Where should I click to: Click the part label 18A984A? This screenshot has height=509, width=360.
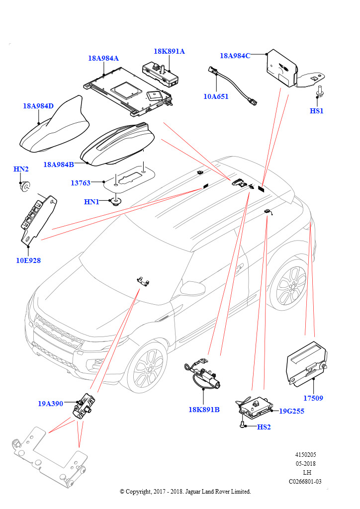click(x=103, y=58)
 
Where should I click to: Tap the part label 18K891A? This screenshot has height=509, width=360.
click(x=169, y=51)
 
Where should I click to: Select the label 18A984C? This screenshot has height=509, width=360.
click(x=235, y=56)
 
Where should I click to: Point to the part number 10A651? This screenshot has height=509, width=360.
click(x=216, y=96)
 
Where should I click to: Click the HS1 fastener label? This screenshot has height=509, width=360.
click(x=317, y=111)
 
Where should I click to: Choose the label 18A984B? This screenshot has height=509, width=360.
click(x=58, y=165)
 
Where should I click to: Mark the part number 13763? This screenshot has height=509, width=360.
click(x=81, y=183)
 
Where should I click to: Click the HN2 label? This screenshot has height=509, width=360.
click(x=20, y=170)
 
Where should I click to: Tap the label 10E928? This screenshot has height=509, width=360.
click(x=28, y=260)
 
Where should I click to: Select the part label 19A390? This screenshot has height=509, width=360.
click(x=51, y=404)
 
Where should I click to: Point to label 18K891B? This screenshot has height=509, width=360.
click(x=204, y=410)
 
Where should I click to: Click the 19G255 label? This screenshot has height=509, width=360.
click(x=291, y=411)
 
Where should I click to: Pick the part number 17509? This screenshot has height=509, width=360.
click(x=314, y=398)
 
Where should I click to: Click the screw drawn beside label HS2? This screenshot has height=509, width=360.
click(x=242, y=424)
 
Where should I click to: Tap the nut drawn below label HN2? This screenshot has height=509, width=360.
click(x=23, y=186)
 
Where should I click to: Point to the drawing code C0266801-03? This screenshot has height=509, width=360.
click(x=305, y=481)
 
